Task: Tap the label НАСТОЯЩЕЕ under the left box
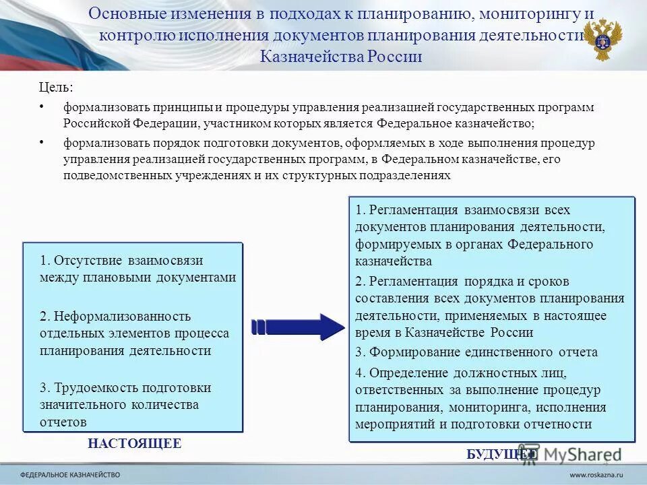[x=134, y=443]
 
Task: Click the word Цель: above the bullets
[x=55, y=88]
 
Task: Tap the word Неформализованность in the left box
[x=121, y=316]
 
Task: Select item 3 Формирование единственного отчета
[x=476, y=352]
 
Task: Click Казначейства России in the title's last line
[x=341, y=56]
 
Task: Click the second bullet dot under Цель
[x=42, y=142]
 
